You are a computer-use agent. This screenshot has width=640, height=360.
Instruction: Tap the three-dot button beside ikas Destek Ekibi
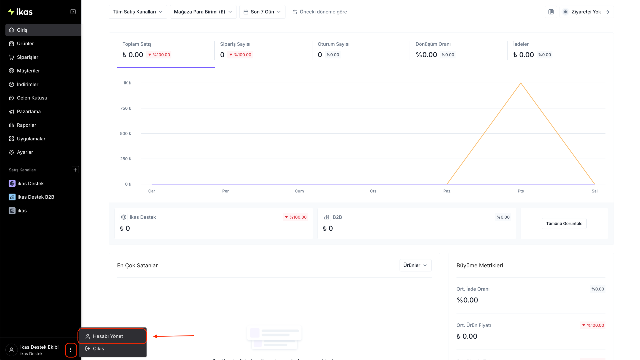71,350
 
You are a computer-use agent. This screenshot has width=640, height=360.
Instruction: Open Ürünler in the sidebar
25,44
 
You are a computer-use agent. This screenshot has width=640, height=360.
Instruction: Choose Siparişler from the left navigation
27,57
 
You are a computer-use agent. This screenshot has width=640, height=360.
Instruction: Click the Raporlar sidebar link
26,125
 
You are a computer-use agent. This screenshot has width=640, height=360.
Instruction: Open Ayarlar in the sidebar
25,152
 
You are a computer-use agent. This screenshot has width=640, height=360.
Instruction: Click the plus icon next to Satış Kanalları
75,170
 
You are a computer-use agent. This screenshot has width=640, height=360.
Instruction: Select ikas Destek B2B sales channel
36,197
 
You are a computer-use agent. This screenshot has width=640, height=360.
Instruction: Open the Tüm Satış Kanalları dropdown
138,12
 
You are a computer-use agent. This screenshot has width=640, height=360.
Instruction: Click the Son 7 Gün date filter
262,12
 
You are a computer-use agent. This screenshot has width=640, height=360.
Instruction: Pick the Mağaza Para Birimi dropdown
203,12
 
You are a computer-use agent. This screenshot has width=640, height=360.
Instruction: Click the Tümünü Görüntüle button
564,224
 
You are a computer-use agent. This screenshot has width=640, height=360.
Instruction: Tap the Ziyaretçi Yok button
586,12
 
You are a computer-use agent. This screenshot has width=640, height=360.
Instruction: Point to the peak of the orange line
521,83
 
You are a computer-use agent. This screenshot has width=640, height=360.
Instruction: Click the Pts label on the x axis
521,191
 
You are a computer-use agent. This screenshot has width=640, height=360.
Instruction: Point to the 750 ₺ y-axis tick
126,108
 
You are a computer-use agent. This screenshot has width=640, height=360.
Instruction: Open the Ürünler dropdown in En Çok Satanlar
415,265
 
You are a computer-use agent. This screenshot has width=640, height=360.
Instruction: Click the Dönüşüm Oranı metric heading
433,44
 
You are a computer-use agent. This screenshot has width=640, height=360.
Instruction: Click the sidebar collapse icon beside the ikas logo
73,12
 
